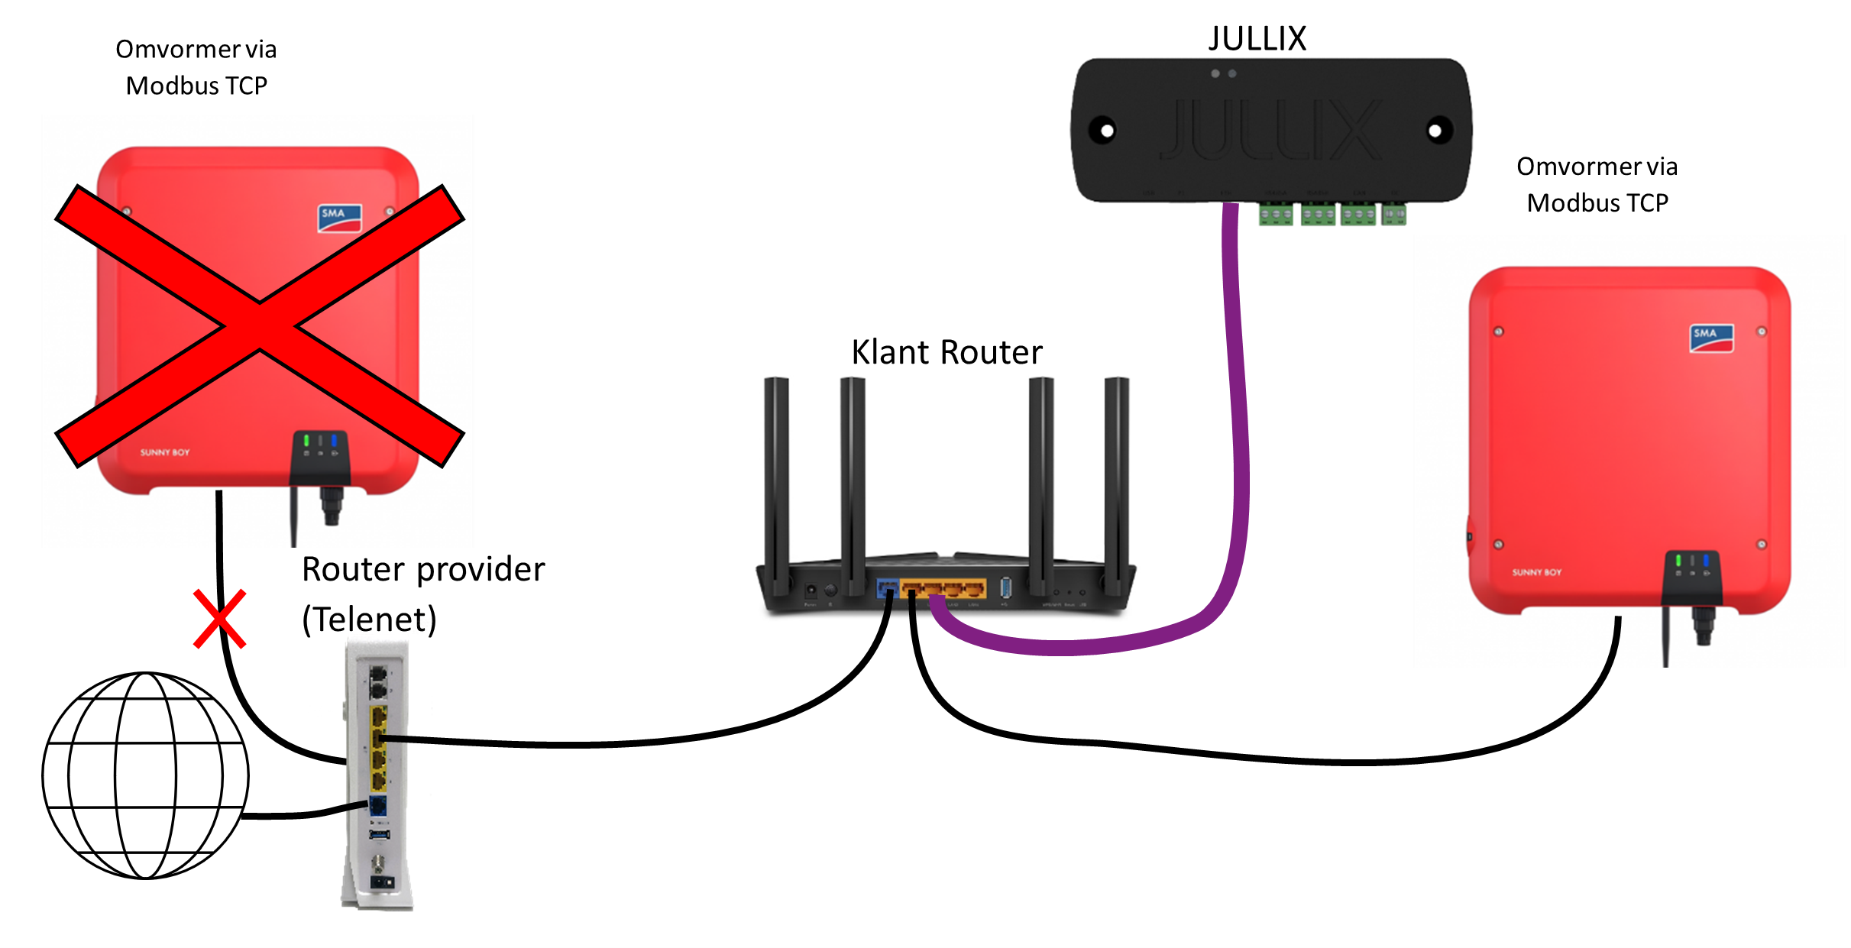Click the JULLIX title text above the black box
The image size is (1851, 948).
pyautogui.click(x=1257, y=38)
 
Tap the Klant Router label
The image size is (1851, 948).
pyautogui.click(x=947, y=352)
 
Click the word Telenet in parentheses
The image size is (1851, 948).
pyautogui.click(x=369, y=619)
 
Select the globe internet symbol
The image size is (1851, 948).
pyautogui.click(x=145, y=775)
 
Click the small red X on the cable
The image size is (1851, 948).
pyautogui.click(x=220, y=618)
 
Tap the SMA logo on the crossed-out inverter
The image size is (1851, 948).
pyautogui.click(x=339, y=218)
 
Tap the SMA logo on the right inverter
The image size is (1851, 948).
pyautogui.click(x=1711, y=338)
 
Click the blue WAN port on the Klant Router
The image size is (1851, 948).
pyautogui.click(x=887, y=588)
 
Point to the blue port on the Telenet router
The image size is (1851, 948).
pyautogui.click(x=377, y=805)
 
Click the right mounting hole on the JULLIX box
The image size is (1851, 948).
pyautogui.click(x=1435, y=131)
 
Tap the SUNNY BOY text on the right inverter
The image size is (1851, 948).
pyautogui.click(x=1536, y=572)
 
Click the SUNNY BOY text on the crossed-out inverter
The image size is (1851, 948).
pyautogui.click(x=164, y=452)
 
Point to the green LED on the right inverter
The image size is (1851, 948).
pyautogui.click(x=1678, y=561)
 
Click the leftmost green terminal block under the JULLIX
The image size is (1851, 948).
pyautogui.click(x=1276, y=215)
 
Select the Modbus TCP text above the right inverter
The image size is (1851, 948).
pyautogui.click(x=1597, y=203)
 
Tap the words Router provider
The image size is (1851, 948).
pyautogui.click(x=423, y=570)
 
